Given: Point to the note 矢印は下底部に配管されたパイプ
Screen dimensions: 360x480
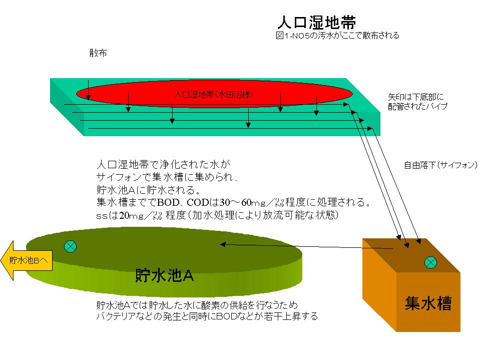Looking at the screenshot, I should point(417,101).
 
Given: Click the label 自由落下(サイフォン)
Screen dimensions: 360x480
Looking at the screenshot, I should point(440,165).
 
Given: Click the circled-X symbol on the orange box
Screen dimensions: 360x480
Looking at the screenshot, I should point(430,262).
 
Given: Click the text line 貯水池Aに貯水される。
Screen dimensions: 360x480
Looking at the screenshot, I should point(148,190).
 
